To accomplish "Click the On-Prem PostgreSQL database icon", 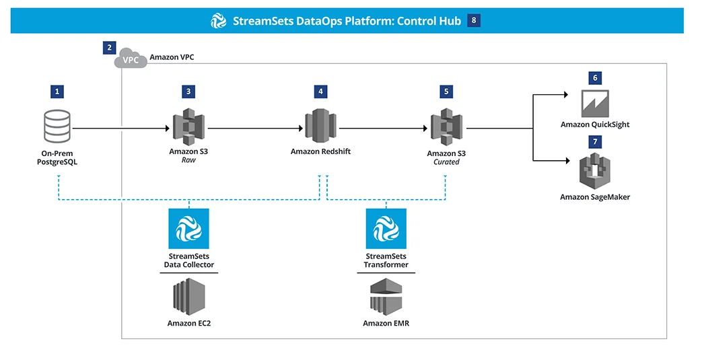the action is (57, 127).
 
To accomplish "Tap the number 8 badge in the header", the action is (474, 20).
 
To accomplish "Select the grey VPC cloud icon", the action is (131, 59).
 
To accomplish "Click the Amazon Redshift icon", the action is (320, 127).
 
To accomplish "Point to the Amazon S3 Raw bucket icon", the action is (188, 127).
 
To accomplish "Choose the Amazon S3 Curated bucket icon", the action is (446, 127).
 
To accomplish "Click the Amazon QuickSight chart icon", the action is (595, 104).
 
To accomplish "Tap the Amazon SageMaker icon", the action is (595, 171).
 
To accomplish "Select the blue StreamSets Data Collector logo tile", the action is (188, 228).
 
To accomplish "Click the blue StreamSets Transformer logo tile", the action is (386, 228).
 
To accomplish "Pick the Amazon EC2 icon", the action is (189, 297).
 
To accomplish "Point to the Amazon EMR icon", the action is (386, 297).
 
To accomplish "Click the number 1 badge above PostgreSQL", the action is (57, 92).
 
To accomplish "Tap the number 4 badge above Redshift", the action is (320, 92).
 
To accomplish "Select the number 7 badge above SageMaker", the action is (595, 142).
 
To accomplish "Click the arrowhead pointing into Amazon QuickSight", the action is (566, 94).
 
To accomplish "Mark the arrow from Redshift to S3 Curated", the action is (383, 129).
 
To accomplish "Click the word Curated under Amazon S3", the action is (446, 162).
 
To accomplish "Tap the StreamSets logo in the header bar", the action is (219, 21).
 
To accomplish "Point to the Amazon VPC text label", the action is (172, 57).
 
